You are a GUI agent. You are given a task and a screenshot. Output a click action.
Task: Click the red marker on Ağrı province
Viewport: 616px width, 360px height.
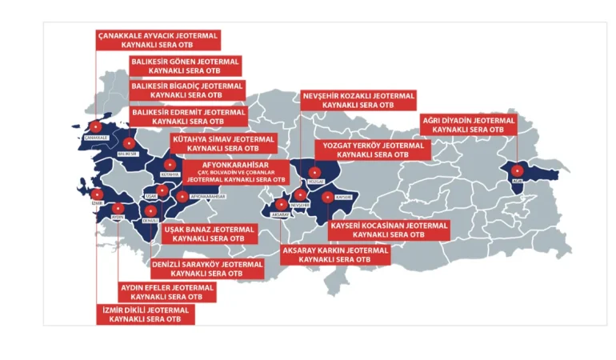point(517,170)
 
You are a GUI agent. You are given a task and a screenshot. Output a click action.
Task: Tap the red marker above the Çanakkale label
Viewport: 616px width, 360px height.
point(95,126)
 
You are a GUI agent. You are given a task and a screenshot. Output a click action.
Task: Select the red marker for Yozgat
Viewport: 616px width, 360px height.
point(314,171)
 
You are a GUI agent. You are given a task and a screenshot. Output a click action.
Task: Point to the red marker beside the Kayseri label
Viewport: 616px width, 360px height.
point(327,194)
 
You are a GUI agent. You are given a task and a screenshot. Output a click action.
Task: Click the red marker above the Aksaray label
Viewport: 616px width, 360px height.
point(281,204)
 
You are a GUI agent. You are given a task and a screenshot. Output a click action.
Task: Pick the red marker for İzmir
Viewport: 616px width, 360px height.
point(98,194)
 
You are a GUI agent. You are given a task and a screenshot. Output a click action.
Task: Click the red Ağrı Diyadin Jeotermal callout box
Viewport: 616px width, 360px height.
point(468,125)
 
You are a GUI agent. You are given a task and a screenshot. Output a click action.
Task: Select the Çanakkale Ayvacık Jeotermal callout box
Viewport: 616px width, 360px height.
point(157,41)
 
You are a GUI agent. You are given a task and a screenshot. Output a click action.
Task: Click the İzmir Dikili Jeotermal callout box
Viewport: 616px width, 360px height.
point(145,314)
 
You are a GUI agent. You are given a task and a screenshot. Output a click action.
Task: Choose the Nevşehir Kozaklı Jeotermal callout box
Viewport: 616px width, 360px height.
point(358,100)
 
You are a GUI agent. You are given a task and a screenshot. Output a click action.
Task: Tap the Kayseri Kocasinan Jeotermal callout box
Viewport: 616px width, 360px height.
point(389,230)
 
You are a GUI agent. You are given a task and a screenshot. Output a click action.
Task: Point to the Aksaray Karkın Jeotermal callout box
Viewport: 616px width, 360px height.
point(335,255)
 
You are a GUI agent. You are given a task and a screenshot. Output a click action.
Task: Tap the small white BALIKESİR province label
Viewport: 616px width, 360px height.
point(128,154)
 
